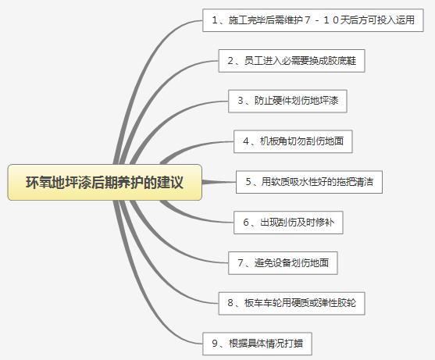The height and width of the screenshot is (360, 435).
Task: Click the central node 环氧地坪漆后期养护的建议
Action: tap(105, 182)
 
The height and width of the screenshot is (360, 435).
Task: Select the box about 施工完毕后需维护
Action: tap(313, 20)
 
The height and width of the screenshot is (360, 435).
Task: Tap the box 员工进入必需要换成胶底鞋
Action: tap(291, 61)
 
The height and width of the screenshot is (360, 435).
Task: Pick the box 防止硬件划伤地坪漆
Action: tap(287, 101)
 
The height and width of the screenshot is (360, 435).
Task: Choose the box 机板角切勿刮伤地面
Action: tap(293, 141)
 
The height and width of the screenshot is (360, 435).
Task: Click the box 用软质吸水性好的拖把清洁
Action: tap(309, 182)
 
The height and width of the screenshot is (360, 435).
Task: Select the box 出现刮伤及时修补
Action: tap(288, 223)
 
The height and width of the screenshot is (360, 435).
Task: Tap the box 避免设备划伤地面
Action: tap(283, 263)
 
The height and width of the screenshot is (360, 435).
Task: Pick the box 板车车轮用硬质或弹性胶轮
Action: tap(291, 303)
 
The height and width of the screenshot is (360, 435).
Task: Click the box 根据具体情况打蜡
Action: tap(257, 344)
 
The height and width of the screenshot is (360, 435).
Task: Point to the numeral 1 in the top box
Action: tap(215, 20)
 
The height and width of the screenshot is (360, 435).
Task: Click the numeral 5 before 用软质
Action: tap(248, 182)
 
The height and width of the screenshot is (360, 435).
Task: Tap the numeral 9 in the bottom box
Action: tap(215, 344)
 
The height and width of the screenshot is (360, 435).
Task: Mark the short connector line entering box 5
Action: tap(219, 182)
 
